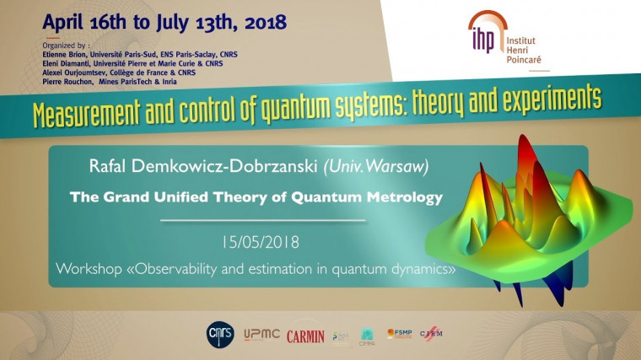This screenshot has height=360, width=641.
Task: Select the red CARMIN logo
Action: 305,336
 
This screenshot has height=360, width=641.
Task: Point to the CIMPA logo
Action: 367,337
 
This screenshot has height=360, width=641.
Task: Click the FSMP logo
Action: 399,335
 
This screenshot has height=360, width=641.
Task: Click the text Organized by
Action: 65,44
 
